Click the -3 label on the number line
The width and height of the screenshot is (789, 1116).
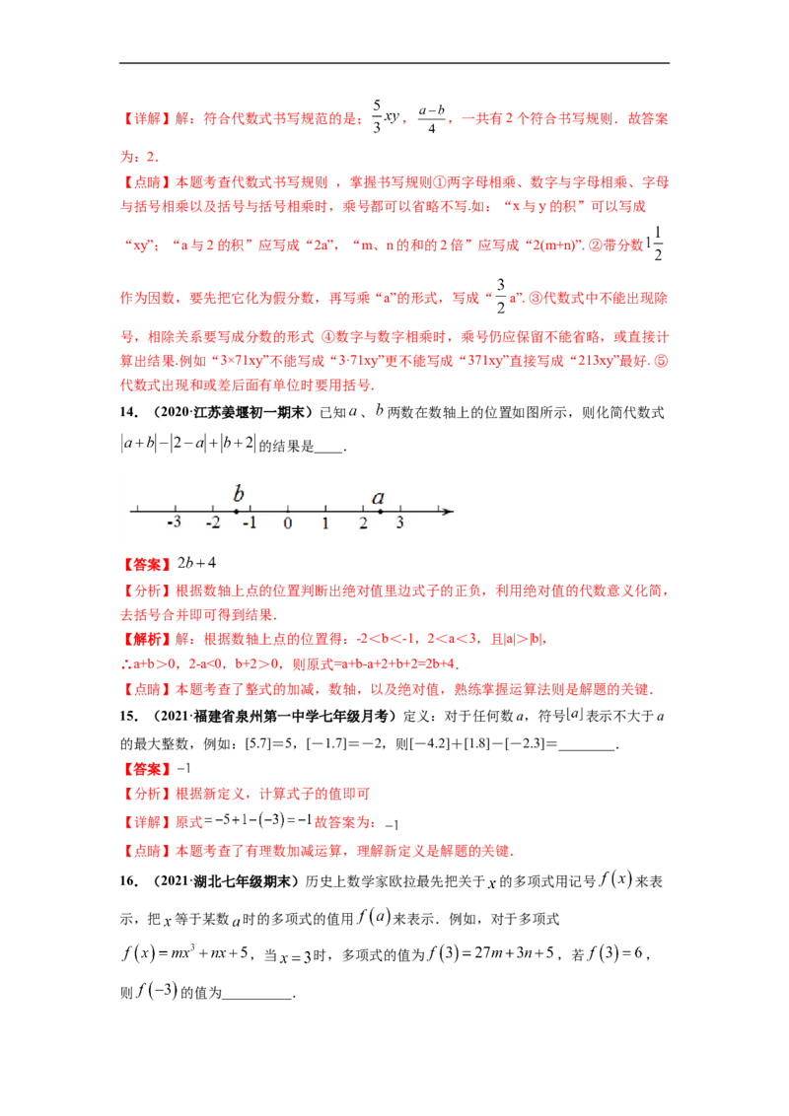[174, 523]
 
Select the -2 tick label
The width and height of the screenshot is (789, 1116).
[211, 523]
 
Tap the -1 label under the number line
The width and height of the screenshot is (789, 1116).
[250, 523]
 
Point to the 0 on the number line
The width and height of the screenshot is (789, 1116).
[288, 523]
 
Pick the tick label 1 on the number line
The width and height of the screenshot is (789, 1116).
[325, 523]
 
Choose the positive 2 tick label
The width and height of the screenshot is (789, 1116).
[363, 523]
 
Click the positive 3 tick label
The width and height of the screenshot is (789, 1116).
[400, 523]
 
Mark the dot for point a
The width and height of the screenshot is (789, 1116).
[381, 511]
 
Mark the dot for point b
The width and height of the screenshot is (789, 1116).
[237, 511]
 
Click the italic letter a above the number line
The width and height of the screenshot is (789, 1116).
[378, 497]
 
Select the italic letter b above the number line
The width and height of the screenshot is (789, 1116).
[237, 494]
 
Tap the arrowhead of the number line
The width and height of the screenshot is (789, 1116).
[449, 511]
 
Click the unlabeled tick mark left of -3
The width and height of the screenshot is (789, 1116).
[137, 511]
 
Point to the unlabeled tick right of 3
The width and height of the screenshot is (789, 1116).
[438, 511]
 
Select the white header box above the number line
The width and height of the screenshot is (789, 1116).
[188, 442]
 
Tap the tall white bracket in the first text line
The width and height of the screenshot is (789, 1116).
[384, 119]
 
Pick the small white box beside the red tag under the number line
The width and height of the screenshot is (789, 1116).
[197, 563]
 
